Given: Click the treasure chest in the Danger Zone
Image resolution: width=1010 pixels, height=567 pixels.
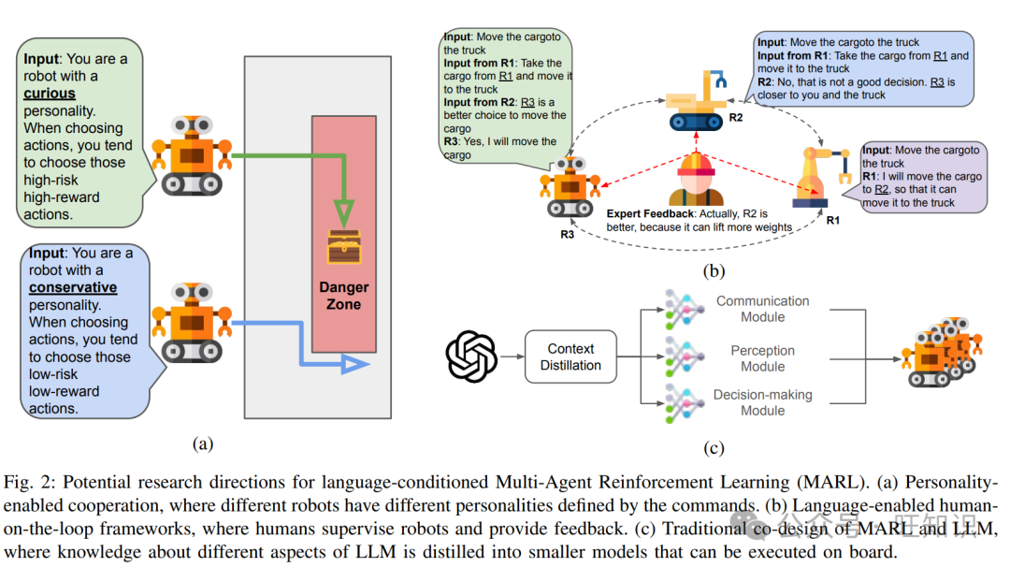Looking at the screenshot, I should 343,245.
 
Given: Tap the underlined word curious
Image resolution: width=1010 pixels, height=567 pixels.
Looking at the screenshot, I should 50,94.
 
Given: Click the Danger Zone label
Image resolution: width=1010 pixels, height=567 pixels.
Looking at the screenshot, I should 343,296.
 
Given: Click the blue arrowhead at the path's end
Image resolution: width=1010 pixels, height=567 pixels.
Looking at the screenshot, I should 354,363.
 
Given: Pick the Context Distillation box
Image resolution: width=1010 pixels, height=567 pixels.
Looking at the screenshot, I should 570,356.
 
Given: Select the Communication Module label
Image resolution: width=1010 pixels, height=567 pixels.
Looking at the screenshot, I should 762,309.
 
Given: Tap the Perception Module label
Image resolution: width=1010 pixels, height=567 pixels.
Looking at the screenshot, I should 762,358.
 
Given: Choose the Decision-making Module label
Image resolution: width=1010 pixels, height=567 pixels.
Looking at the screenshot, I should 762,402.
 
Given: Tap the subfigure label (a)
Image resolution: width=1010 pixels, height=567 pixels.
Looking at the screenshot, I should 201,443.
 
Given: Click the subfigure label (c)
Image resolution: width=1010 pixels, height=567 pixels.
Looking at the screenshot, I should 714,448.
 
